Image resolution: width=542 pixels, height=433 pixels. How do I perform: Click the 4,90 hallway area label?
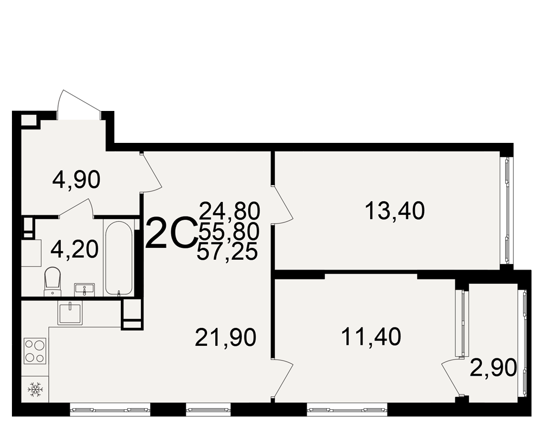tap(76, 180)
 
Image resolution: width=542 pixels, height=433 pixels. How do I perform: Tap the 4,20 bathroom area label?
tap(74, 250)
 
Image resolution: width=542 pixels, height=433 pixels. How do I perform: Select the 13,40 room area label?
tap(395, 211)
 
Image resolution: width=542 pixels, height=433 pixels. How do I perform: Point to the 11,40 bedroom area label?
tap(371, 337)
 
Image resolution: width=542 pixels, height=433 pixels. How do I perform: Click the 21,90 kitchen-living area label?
tap(225, 337)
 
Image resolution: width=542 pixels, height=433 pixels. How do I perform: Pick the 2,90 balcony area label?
tap(493, 368)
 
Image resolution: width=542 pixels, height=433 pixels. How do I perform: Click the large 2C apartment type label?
tap(171, 233)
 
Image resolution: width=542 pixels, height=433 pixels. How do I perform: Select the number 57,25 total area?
tap(227, 251)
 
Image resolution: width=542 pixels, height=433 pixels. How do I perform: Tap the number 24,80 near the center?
tap(229, 211)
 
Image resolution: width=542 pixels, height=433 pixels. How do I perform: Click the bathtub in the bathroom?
tap(119, 258)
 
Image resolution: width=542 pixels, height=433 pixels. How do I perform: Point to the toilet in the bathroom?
tap(53, 281)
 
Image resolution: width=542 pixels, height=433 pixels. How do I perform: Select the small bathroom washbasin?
tap(85, 290)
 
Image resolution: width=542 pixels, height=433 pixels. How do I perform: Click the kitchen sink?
tap(70, 313)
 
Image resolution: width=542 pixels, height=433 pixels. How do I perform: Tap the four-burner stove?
tap(35, 351)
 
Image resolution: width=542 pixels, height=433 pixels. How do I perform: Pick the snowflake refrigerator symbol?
tap(35, 389)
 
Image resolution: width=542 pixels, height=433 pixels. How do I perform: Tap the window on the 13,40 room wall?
tap(507, 211)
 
